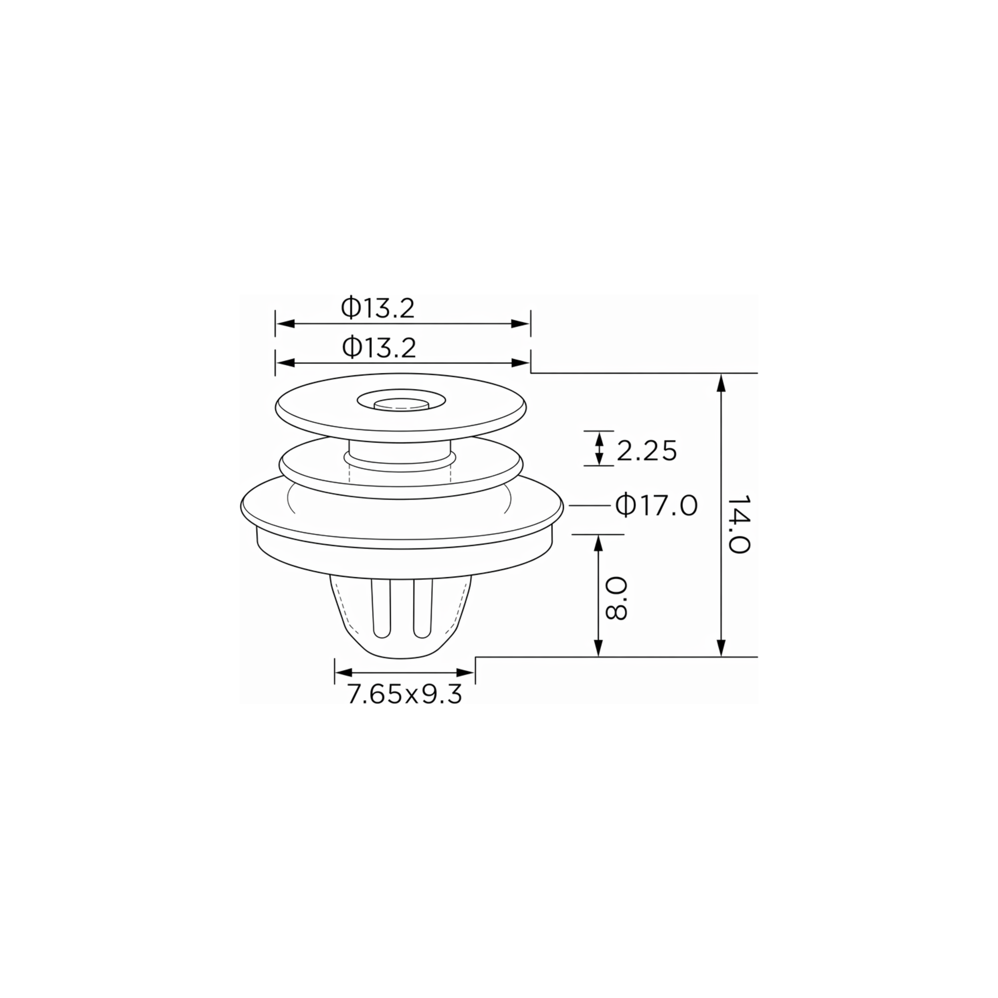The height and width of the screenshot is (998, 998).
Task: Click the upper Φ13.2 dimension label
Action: click(x=378, y=308)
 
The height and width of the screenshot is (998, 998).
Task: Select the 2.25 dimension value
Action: click(x=647, y=451)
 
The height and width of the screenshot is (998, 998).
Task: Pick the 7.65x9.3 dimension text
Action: click(x=404, y=694)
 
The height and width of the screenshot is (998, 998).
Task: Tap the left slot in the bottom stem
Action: click(x=381, y=610)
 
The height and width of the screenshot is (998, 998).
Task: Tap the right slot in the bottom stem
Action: click(x=422, y=610)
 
